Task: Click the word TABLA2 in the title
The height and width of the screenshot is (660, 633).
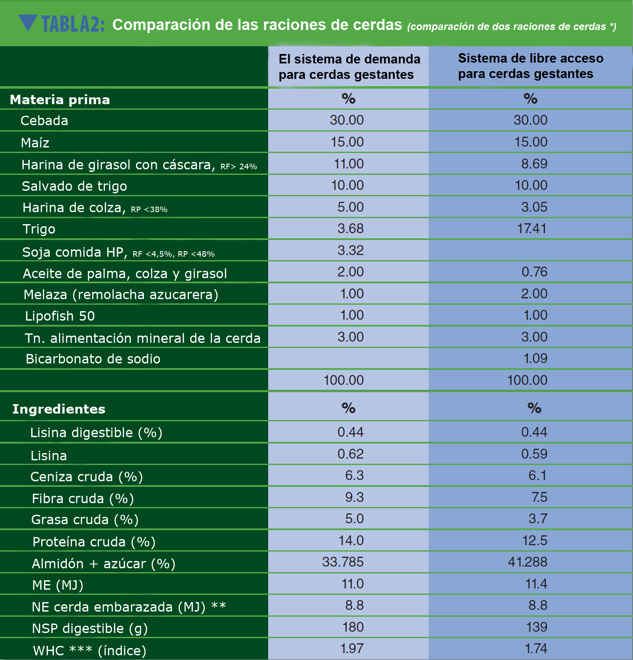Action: point(72,24)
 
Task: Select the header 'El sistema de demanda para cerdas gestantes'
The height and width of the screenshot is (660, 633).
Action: point(349,66)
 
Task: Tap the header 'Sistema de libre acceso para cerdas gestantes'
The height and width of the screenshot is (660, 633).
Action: point(530,66)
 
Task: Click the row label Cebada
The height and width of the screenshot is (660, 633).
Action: point(44,121)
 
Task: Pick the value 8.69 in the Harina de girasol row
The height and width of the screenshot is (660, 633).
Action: point(534,164)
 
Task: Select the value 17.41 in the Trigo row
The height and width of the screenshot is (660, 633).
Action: point(531,228)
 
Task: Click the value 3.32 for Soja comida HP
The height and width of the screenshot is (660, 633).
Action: point(350,250)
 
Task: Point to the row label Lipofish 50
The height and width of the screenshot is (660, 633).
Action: point(60,316)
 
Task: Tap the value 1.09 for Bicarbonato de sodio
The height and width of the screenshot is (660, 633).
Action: point(535,358)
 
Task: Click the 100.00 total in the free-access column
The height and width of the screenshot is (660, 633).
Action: point(527,380)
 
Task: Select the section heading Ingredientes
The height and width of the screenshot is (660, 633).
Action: point(59,409)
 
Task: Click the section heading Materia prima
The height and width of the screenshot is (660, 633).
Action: point(60,100)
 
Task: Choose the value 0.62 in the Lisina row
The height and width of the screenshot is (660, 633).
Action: point(350,454)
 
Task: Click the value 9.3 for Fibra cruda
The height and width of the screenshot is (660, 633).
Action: point(354,497)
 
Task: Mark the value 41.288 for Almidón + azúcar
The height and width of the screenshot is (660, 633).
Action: point(527,562)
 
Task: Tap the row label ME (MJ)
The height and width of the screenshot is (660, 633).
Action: point(57,585)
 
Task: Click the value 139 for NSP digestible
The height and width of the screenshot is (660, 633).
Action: point(536,627)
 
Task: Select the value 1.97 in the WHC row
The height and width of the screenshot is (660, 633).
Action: point(352,648)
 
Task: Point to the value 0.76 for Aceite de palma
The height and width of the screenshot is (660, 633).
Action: point(534,272)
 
